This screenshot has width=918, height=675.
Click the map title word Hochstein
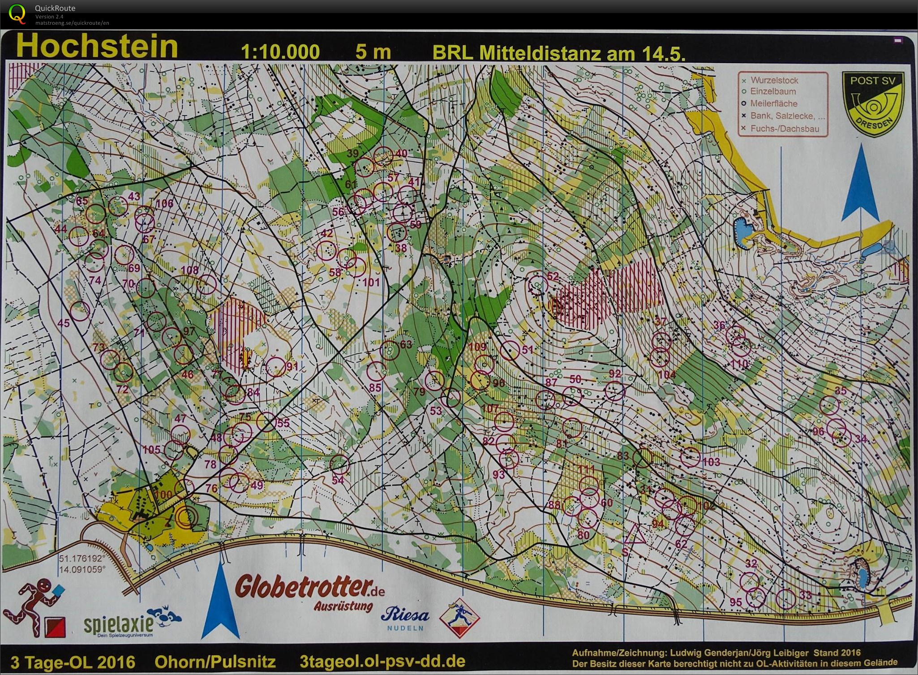[97, 47]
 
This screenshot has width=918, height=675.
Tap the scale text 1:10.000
[280, 52]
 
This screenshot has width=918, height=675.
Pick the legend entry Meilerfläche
[780, 103]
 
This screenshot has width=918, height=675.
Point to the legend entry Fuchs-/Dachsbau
[785, 129]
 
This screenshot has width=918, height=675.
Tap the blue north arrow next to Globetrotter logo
[219, 600]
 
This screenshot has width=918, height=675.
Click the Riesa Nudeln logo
[404, 618]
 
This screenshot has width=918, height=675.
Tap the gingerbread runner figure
[34, 602]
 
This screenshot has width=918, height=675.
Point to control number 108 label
[190, 270]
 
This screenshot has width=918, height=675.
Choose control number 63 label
[406, 344]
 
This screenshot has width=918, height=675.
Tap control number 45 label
[64, 323]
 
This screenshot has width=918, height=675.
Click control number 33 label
[805, 595]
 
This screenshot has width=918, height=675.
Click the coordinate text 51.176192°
[82, 559]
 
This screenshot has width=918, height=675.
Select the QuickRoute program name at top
[55, 8]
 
